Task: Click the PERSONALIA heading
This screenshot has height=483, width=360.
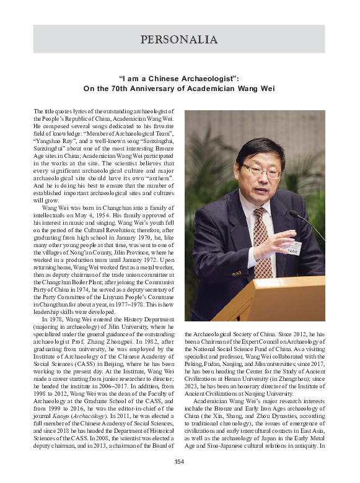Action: (179, 40)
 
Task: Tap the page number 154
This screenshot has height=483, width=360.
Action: (180, 461)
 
